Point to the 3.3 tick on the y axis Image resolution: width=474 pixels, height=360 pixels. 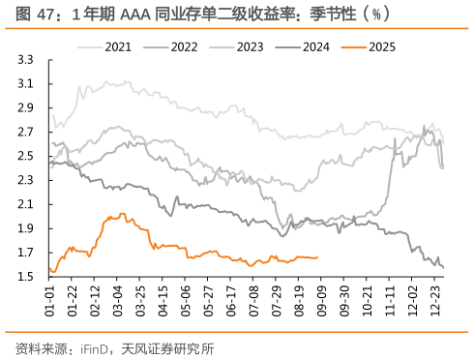[x=27, y=60]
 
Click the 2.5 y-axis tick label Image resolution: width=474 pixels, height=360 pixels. [x=27, y=156]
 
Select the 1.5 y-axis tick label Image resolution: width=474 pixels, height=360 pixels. [x=27, y=277]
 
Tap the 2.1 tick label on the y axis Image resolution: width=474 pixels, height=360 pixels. [x=27, y=204]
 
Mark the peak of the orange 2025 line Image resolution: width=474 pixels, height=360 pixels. [x=121, y=214]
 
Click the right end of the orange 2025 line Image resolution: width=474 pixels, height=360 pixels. [x=317, y=257]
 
